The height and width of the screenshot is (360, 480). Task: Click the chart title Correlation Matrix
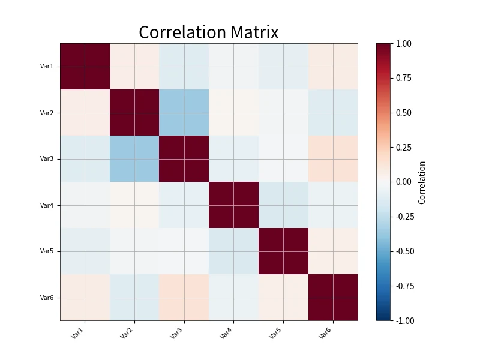tap(209, 32)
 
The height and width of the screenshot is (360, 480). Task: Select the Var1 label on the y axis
tap(47, 66)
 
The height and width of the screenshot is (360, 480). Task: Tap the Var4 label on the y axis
tap(47, 205)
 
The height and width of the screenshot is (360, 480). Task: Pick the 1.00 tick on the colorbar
tap(403, 44)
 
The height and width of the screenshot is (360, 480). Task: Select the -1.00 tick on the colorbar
tap(404, 320)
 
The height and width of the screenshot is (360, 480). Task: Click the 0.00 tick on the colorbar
tap(403, 182)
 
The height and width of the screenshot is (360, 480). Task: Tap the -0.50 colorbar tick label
tap(404, 251)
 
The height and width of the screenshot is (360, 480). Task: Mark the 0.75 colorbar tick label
tap(403, 78)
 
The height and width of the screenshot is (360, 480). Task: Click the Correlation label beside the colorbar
tap(422, 182)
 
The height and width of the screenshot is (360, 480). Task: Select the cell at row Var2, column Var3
tap(184, 113)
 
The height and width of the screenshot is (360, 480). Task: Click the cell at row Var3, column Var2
tap(134, 159)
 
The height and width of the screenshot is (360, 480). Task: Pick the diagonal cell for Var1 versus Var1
tap(85, 67)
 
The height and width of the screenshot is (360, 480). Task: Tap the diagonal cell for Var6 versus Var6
tap(333, 298)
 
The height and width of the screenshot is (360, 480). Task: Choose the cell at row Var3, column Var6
tap(333, 159)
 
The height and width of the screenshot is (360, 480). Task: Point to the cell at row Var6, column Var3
tap(184, 298)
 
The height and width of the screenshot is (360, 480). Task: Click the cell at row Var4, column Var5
tap(283, 205)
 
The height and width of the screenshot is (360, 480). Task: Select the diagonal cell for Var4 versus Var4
tap(233, 205)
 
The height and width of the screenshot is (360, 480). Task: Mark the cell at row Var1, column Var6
tap(333, 67)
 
